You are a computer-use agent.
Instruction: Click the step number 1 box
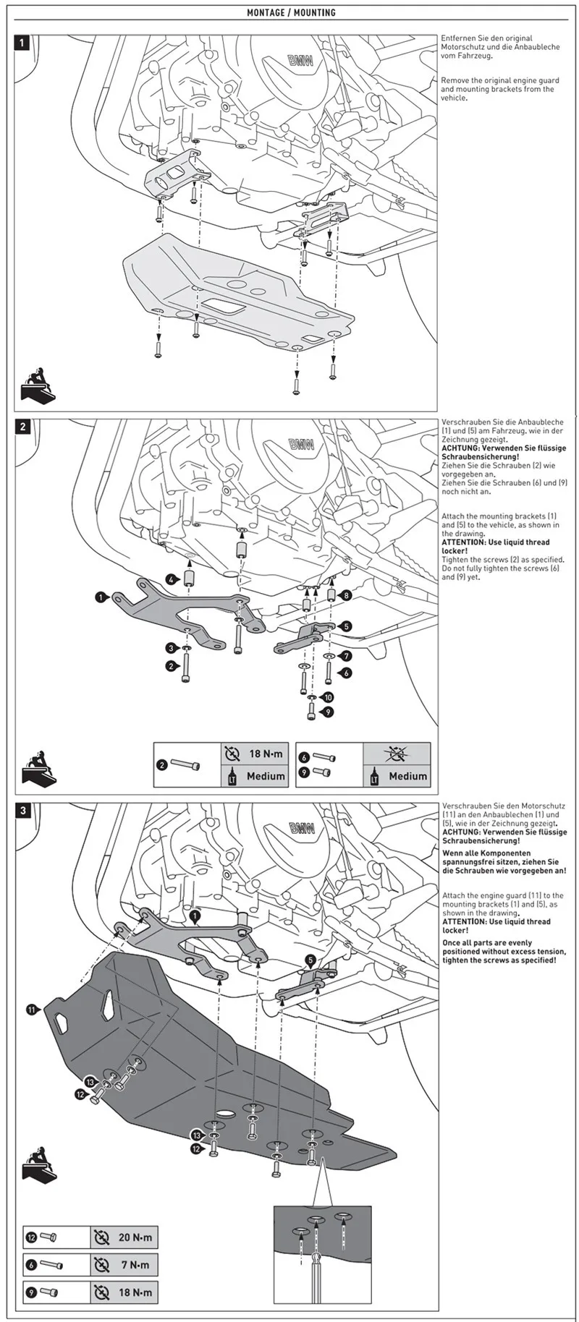(22, 43)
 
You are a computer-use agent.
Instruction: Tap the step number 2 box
(22, 427)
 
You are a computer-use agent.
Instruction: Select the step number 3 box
(22, 811)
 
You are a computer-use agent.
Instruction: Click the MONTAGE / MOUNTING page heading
(291, 13)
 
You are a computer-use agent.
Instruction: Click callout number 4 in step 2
(170, 579)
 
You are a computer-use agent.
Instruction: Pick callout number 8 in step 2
(347, 595)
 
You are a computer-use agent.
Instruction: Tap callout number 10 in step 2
(329, 697)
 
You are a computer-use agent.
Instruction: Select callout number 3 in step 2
(171, 648)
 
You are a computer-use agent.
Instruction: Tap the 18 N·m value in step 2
(266, 754)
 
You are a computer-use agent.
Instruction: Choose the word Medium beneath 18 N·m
(266, 776)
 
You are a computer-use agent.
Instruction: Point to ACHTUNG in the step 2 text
(460, 448)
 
